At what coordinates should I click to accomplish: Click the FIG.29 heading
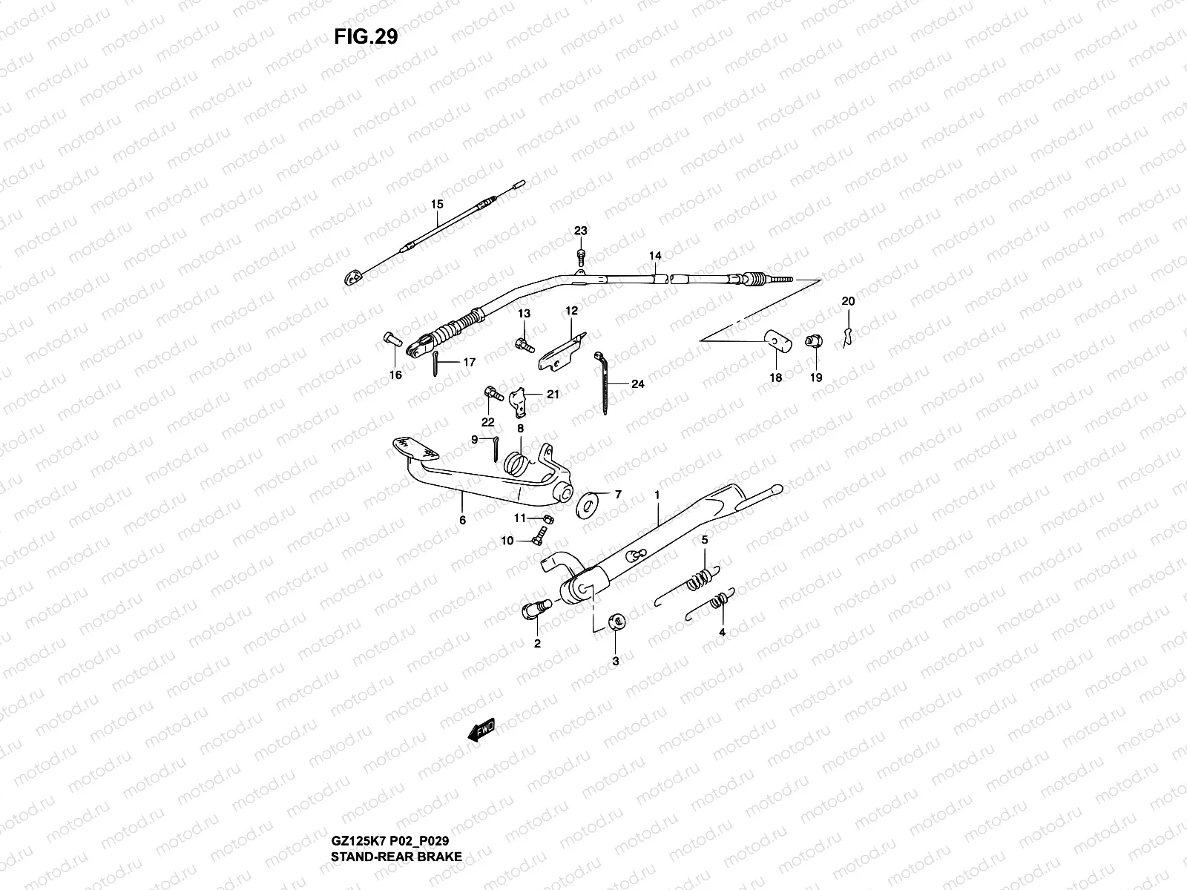pos(365,37)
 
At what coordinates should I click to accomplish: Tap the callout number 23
pos(580,231)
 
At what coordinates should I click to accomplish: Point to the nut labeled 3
pos(615,622)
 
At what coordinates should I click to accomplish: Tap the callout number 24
pos(638,384)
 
